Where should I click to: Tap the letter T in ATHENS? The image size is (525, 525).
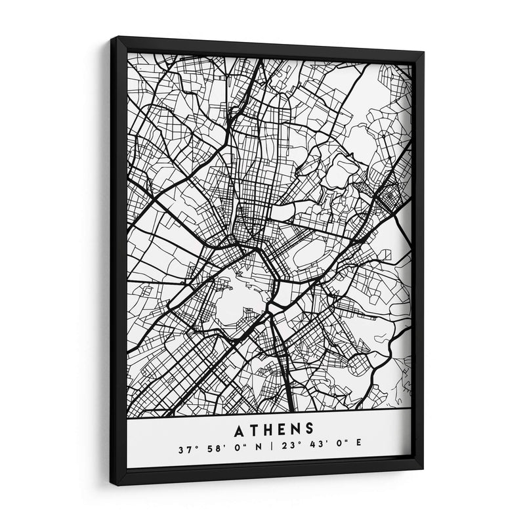(251, 430)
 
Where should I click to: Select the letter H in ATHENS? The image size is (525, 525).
(266, 430)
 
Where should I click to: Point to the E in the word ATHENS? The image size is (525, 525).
(281, 430)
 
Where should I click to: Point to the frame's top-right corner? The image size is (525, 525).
(423, 52)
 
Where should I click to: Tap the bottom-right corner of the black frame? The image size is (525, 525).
(423, 470)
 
